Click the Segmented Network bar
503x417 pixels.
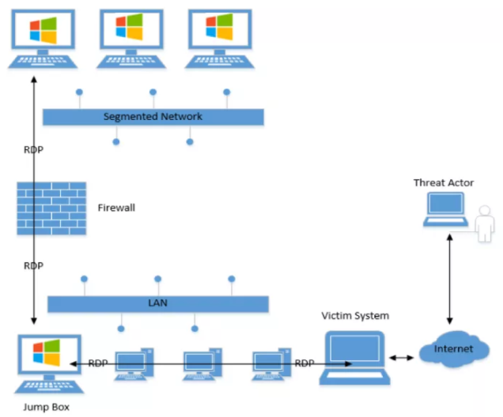[x=153, y=117]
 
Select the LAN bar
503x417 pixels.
[x=158, y=303]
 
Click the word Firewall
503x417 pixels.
[x=116, y=208]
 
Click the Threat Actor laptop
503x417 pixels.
[x=444, y=208]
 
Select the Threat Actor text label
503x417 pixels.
[x=444, y=183]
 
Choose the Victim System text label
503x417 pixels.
[x=355, y=316]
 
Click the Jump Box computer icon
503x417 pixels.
[x=43, y=363]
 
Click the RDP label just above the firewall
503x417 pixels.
[x=33, y=149]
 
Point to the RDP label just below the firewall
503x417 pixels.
[x=33, y=266]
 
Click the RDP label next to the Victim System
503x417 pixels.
[x=304, y=363]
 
